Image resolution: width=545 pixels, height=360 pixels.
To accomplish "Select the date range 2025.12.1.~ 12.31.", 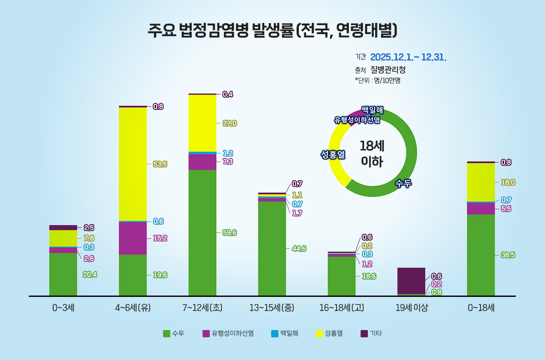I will pos(408,57).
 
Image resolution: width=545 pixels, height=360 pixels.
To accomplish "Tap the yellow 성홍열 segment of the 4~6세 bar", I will pos(133,164).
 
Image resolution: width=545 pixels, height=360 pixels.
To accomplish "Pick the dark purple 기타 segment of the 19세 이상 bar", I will pos(411,281).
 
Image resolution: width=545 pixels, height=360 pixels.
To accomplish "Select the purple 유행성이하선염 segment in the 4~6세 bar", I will pos(133,238).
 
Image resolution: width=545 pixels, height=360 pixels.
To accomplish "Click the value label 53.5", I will pos(160,164).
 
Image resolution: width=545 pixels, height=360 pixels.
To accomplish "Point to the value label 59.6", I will pos(229,233).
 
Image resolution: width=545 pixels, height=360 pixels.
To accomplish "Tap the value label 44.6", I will pos(299,249).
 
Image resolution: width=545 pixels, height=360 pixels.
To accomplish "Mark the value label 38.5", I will pos(507,255).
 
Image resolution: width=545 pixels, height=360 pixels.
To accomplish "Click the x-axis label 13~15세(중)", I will pos(272,308).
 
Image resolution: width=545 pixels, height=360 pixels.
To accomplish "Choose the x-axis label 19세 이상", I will pos(411,308).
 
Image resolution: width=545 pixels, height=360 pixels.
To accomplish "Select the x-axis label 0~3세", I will pos(63,308).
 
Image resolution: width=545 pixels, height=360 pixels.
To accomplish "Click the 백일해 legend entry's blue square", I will pos(274,334).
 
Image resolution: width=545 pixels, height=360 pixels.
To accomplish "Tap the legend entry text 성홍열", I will pos(333,334).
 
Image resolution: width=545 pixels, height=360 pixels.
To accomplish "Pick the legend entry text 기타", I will pos(376,334).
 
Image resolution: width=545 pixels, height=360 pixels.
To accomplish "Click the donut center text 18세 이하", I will pos(372,153).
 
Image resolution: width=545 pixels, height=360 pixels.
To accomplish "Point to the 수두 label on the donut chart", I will pos(403,183).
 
